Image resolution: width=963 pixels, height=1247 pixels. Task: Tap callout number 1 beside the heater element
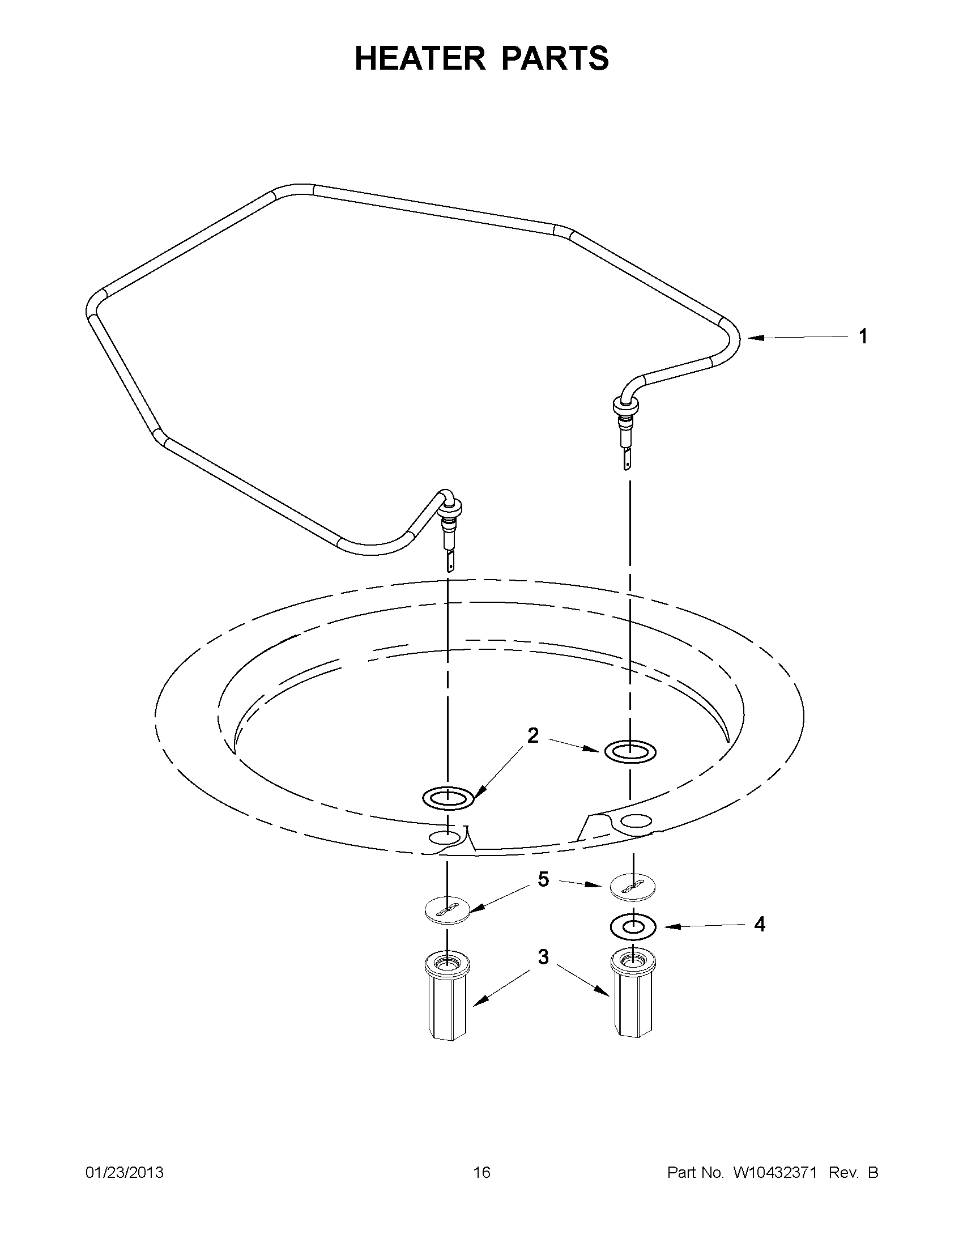863,337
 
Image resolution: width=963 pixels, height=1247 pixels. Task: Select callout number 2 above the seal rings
532,736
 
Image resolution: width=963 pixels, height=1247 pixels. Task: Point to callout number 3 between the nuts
543,956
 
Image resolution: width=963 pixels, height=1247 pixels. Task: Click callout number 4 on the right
759,924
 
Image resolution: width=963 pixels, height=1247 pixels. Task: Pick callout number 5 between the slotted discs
543,879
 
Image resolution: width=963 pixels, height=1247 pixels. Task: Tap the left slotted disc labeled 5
447,910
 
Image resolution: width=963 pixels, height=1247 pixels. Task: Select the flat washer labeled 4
633,927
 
